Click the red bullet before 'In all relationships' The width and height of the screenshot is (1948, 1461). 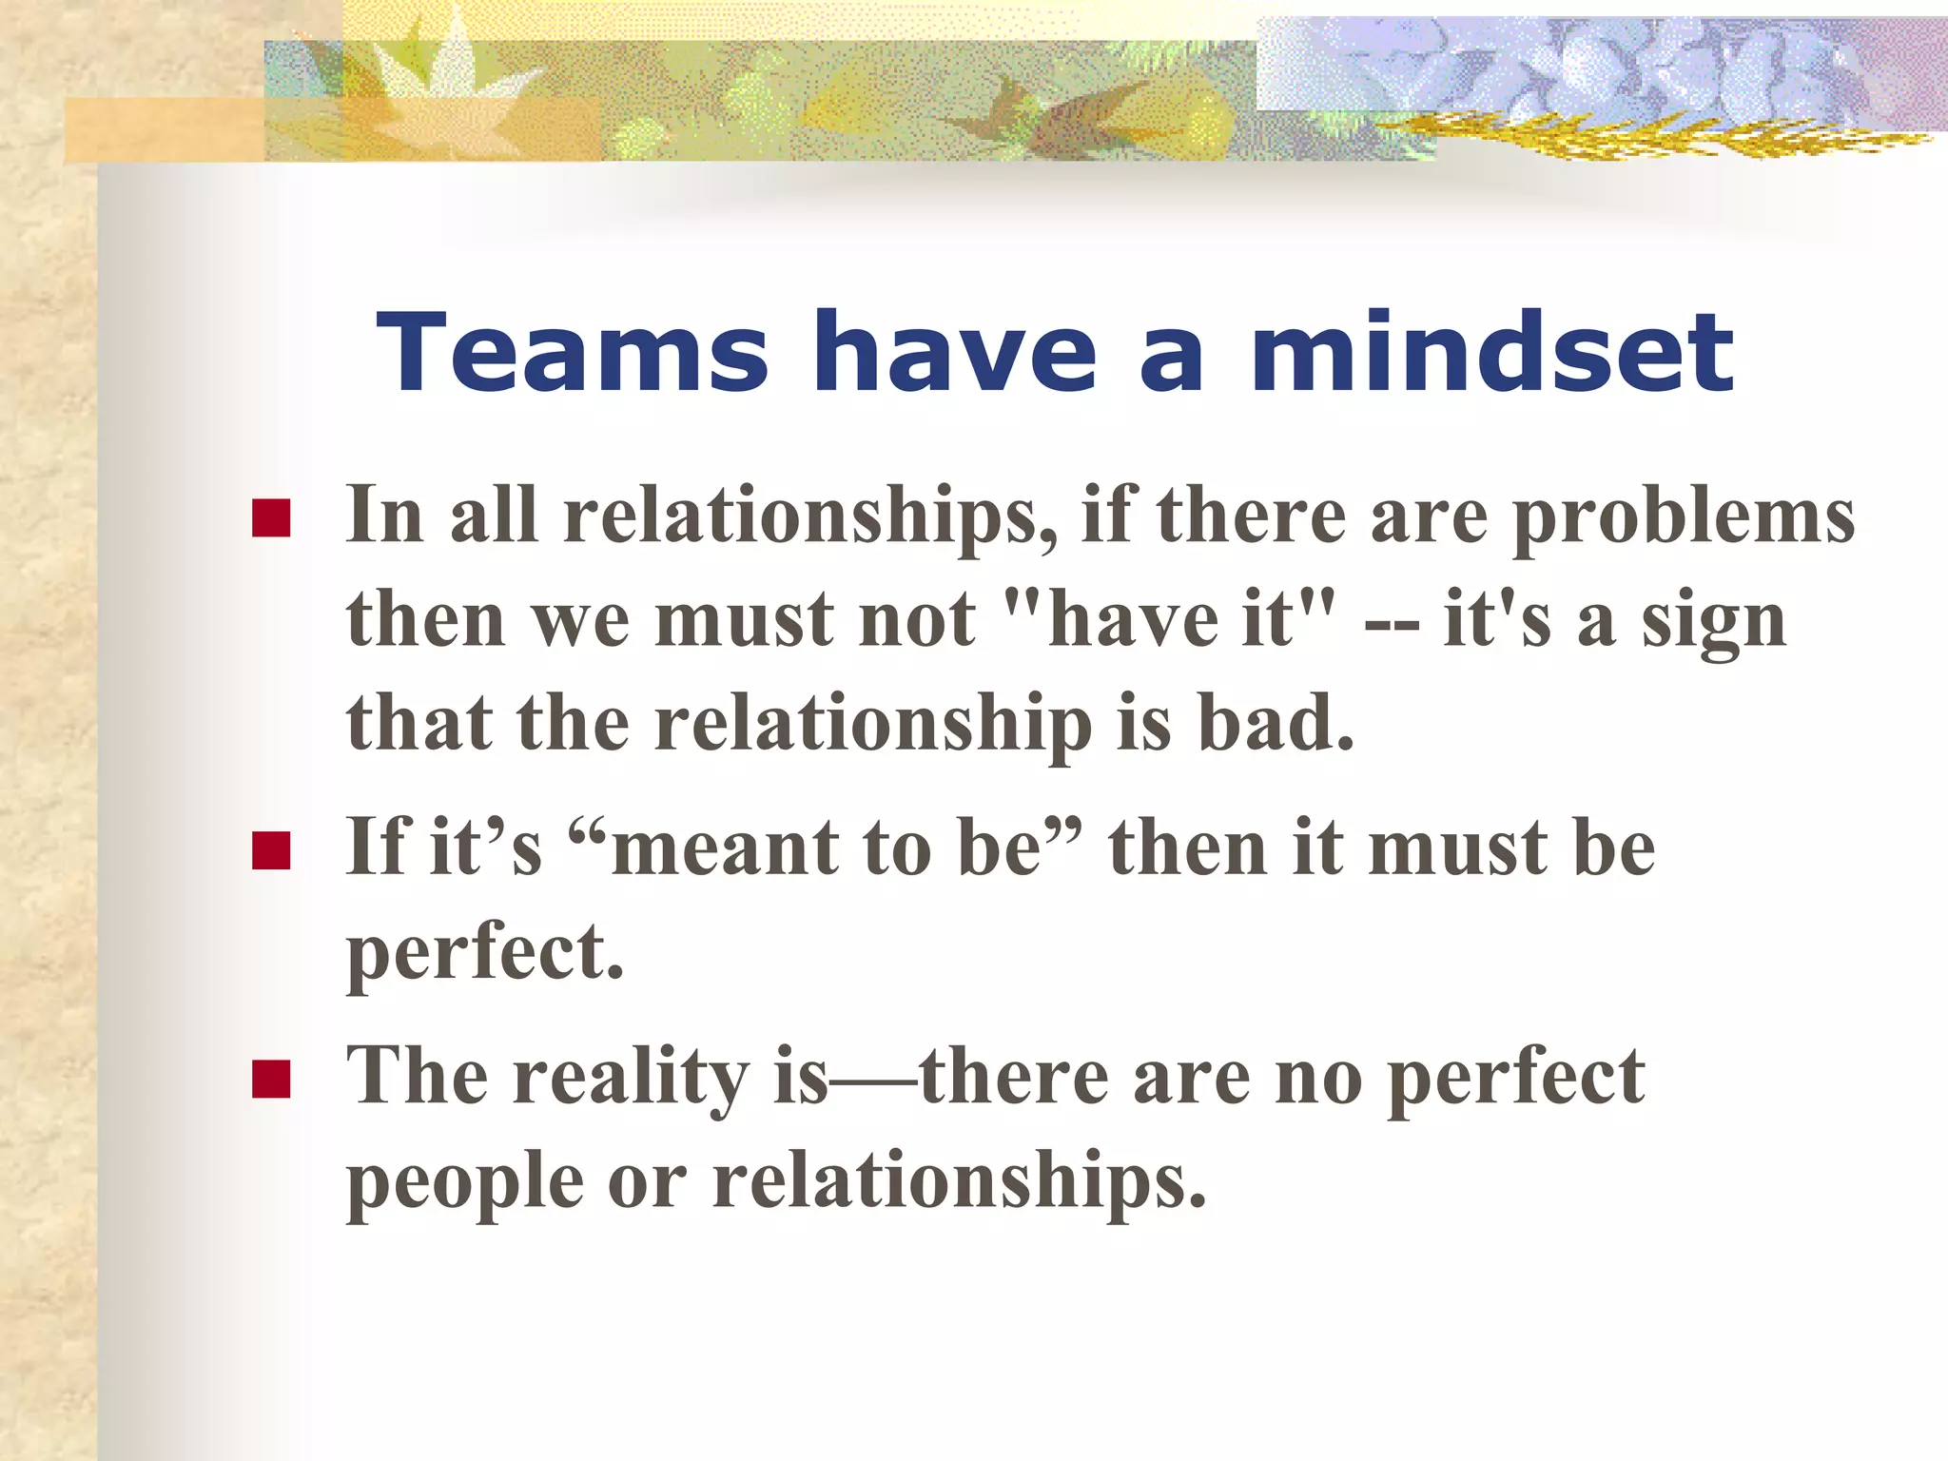(x=271, y=518)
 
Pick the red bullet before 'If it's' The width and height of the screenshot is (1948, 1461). (x=271, y=850)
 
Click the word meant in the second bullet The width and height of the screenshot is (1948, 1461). (x=723, y=847)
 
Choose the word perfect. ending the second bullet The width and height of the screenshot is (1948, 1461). (x=485, y=954)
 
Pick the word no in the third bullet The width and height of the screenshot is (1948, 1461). (x=1318, y=1078)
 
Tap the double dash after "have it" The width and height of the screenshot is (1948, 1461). (x=1391, y=624)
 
